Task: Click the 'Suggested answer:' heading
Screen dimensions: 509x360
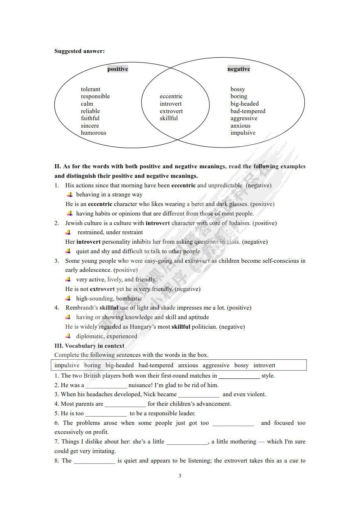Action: click(80, 51)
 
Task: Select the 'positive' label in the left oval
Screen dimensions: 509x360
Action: click(118, 69)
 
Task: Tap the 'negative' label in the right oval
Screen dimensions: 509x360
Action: click(238, 69)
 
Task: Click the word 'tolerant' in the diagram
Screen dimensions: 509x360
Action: click(90, 89)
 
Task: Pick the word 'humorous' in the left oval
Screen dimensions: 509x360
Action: click(93, 133)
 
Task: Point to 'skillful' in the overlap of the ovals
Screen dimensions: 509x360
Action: click(168, 118)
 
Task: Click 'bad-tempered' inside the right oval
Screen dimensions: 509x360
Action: click(248, 111)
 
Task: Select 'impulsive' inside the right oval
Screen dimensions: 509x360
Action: click(243, 133)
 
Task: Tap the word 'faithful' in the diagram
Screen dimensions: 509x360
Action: click(90, 118)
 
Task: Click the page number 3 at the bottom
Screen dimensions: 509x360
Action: click(180, 475)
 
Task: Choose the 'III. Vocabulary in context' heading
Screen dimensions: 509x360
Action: click(89, 346)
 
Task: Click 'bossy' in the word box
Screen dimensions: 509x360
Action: click(241, 365)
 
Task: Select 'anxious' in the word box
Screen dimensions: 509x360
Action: click(188, 365)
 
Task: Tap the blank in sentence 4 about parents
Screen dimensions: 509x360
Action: click(125, 404)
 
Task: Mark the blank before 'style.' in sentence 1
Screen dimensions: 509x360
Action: click(239, 376)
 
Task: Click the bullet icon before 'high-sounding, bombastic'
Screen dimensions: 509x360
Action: click(69, 298)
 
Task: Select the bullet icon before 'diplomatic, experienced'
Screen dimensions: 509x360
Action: click(69, 336)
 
